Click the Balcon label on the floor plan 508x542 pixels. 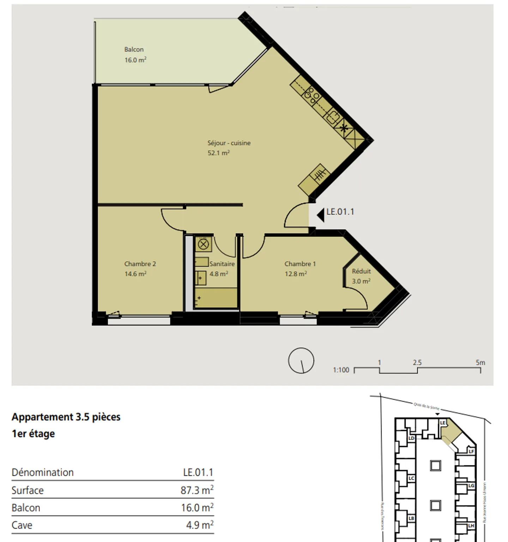[x=134, y=50]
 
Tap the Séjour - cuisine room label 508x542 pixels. [x=229, y=143]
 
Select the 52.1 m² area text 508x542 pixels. [x=218, y=153]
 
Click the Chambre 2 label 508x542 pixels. [x=140, y=264]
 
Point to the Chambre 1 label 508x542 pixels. [x=300, y=264]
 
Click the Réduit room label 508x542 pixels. [x=361, y=271]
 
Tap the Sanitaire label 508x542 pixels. [x=222, y=264]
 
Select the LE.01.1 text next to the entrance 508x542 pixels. [x=340, y=212]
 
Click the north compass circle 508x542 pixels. [x=301, y=360]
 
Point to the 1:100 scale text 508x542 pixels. [x=341, y=370]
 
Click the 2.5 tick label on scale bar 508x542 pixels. [x=417, y=362]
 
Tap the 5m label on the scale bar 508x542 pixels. [x=480, y=362]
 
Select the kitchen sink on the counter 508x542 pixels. [x=333, y=116]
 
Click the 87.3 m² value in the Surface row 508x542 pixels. [x=197, y=490]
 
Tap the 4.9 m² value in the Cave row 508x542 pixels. [x=200, y=525]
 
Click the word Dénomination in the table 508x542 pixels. [x=43, y=472]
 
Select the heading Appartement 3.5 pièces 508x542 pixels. [x=66, y=417]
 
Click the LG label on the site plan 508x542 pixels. [x=471, y=486]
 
